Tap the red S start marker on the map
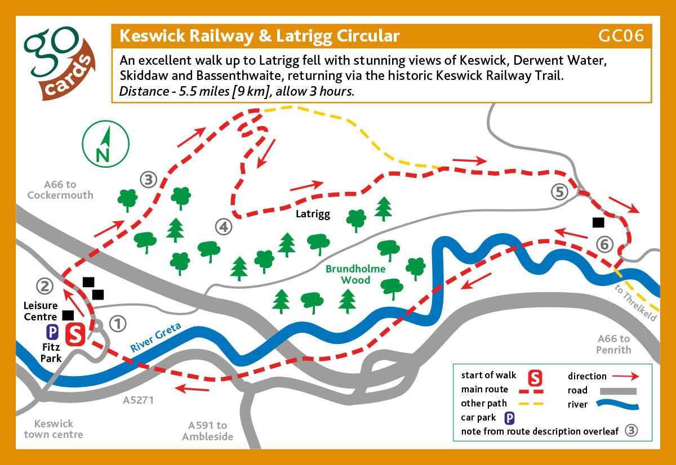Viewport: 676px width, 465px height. [75, 334]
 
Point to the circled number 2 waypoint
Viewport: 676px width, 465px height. [45, 287]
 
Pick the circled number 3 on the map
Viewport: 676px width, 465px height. [148, 180]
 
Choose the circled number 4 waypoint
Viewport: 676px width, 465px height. [224, 227]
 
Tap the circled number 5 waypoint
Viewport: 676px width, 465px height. [559, 192]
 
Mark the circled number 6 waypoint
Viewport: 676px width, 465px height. [604, 244]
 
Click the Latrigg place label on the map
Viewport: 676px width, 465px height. [313, 214]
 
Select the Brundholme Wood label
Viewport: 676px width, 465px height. [355, 274]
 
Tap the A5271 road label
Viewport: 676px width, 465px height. [138, 400]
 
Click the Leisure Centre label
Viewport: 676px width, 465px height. [41, 311]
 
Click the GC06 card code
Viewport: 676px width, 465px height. [621, 36]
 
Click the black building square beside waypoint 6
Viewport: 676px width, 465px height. [598, 222]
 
